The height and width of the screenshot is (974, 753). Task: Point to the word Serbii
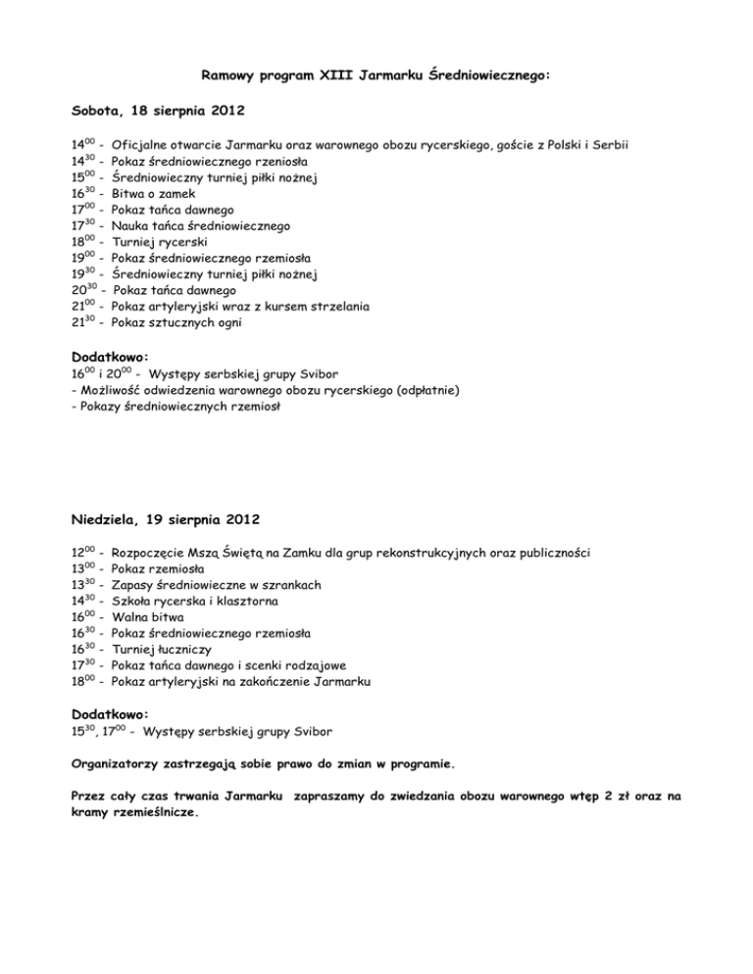point(610,145)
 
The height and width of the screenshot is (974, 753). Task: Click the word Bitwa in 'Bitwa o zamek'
point(130,194)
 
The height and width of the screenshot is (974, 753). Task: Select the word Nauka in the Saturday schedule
point(132,225)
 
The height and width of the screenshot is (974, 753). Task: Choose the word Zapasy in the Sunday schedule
point(135,585)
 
